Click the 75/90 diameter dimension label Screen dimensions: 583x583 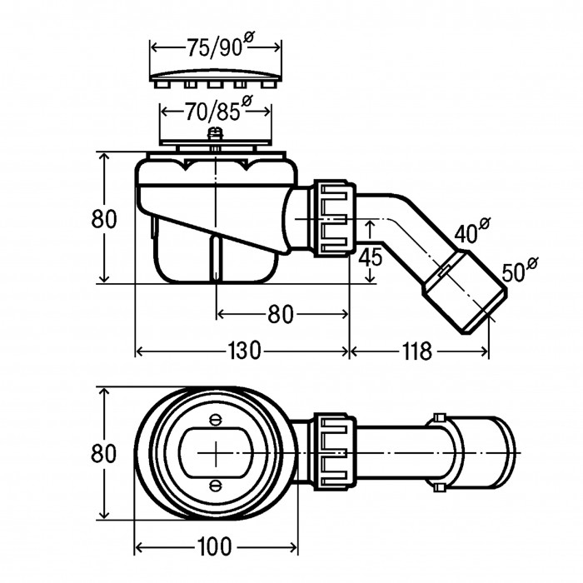215,48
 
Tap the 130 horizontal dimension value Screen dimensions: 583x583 242,351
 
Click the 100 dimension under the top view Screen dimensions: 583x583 215,547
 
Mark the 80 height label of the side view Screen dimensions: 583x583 103,218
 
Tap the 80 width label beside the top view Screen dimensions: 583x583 103,454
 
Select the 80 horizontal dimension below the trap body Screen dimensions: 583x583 281,314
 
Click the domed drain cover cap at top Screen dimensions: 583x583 216,77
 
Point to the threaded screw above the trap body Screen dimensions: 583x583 216,137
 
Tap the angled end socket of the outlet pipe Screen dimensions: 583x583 465,298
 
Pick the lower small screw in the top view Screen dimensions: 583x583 216,486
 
